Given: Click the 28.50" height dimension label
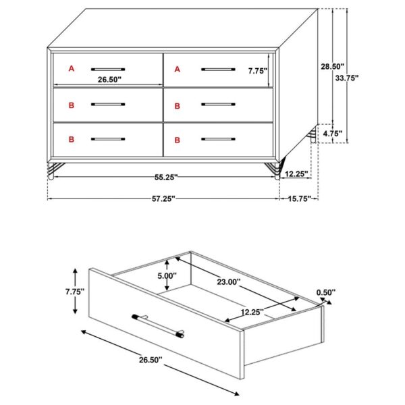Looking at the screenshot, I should click(332, 66).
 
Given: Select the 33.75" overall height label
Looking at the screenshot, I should click(348, 78).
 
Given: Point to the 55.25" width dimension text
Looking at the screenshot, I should click(165, 178).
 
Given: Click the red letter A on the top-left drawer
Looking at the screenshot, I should click(71, 68).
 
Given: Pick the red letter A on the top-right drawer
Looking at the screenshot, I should click(177, 69).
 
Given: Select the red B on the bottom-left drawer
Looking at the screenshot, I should click(71, 140).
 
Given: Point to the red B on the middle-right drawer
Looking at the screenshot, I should click(177, 105).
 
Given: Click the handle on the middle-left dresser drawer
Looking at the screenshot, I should click(108, 105).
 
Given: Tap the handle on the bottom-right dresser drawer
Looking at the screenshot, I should click(218, 139).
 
